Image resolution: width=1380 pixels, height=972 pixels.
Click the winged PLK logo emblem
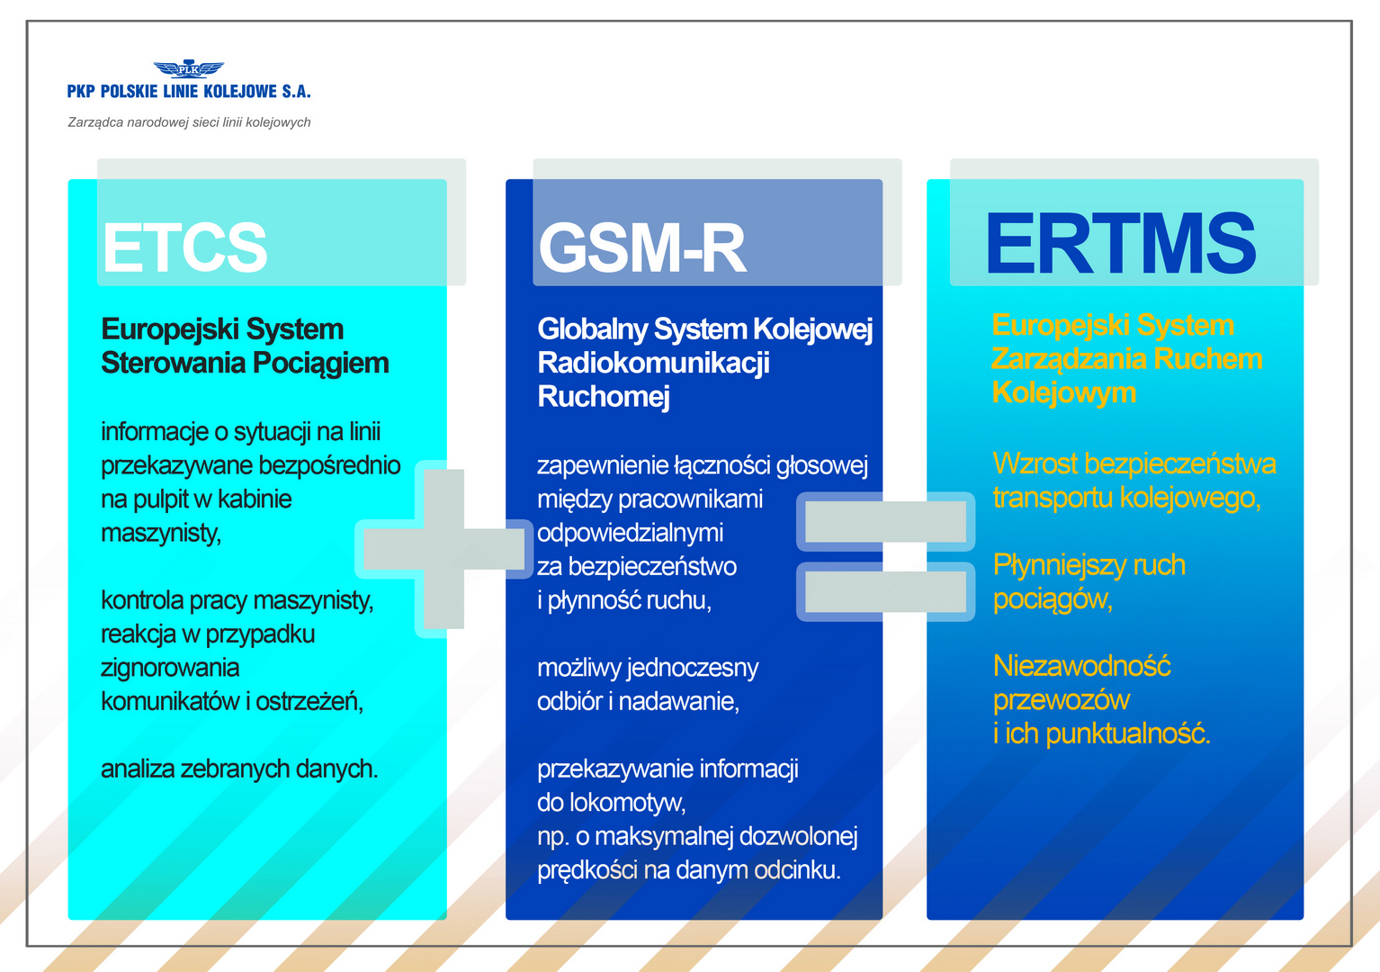click(x=189, y=69)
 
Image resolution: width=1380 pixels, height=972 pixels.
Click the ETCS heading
click(x=184, y=247)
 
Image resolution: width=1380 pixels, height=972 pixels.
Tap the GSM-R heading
click(x=642, y=247)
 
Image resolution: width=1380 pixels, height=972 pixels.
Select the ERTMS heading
click(x=1121, y=243)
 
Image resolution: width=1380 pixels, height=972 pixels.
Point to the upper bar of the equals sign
click(x=885, y=521)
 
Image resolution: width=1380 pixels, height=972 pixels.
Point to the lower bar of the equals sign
click(x=885, y=591)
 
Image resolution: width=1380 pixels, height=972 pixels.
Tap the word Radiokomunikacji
click(x=653, y=363)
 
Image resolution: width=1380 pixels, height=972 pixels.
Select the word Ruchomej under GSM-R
click(x=603, y=396)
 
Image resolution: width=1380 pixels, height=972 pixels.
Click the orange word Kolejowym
click(x=1064, y=392)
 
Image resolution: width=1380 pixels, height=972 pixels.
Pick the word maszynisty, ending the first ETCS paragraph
click(x=161, y=533)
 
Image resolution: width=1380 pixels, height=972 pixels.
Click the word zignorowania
click(x=170, y=668)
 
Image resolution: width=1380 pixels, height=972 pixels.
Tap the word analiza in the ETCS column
click(x=137, y=769)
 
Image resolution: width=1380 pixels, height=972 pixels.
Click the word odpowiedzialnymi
click(x=631, y=533)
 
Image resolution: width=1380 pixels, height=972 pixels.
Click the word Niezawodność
click(x=1082, y=666)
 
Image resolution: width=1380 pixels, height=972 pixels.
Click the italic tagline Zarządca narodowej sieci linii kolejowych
click(x=189, y=122)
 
